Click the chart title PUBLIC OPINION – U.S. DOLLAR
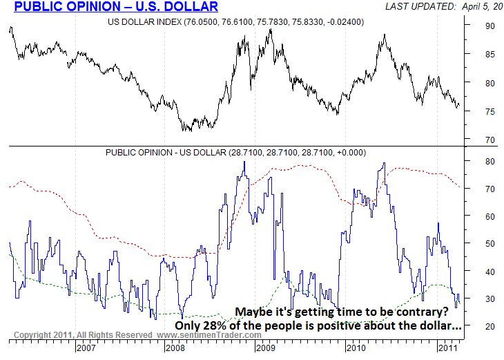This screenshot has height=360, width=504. [x=116, y=8]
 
